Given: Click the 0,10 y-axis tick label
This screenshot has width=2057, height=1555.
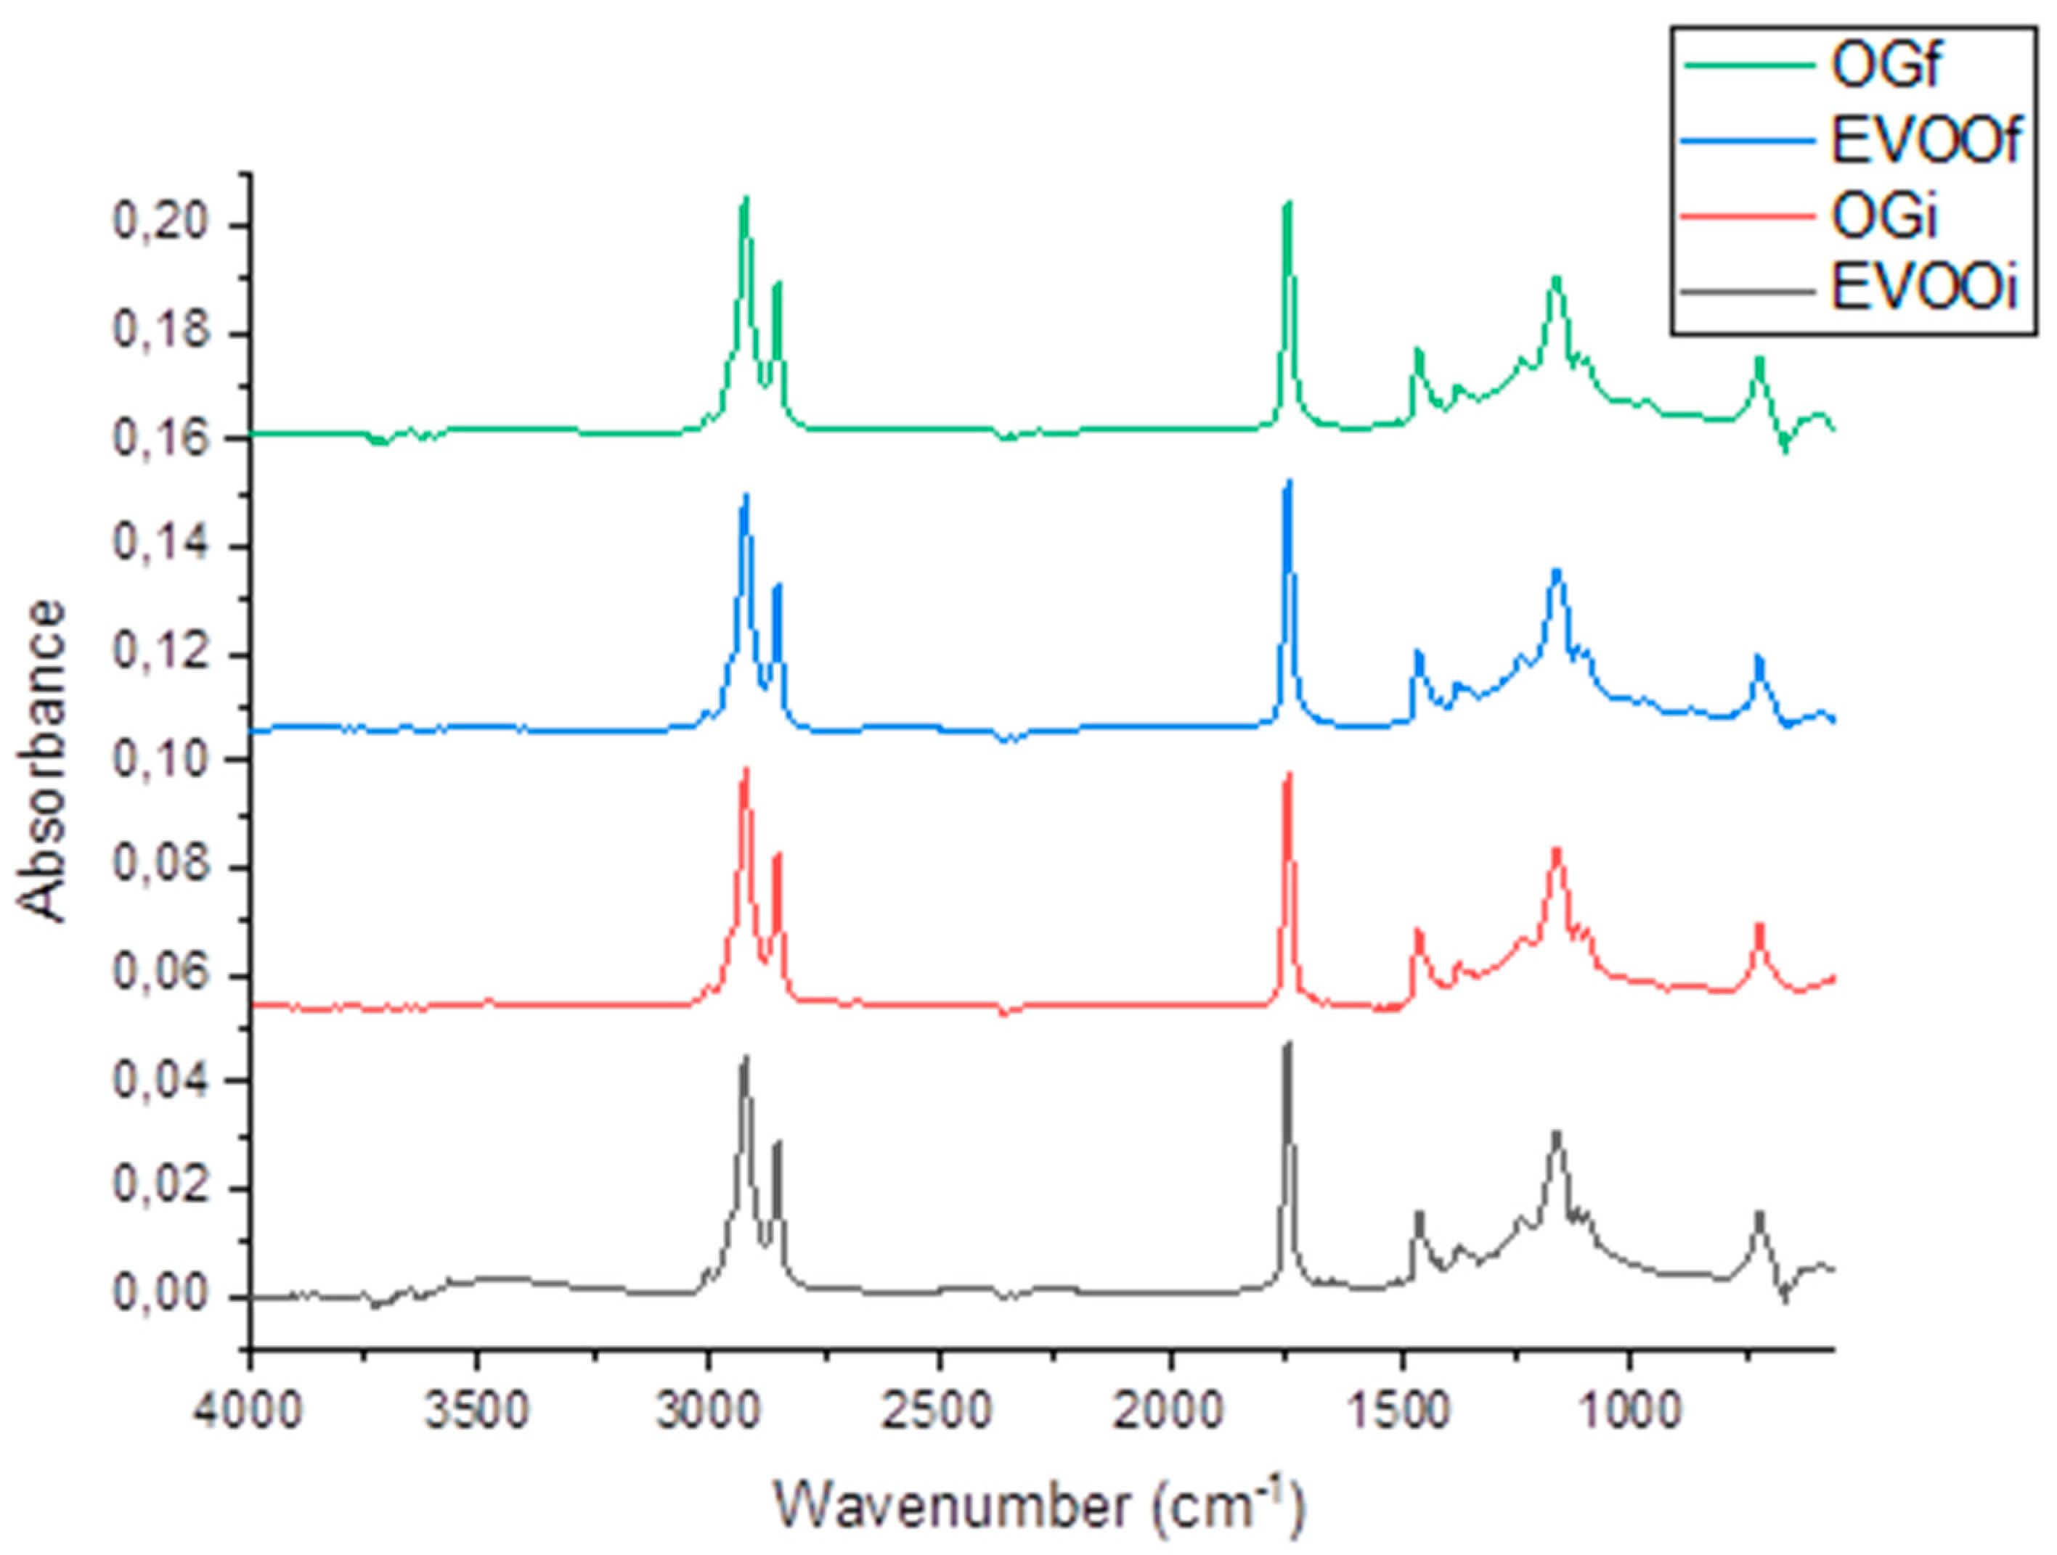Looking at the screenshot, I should click(168, 760).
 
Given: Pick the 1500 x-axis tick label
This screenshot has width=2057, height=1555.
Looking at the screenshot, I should click(1402, 1411).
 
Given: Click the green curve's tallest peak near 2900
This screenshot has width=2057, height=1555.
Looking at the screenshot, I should click(745, 199).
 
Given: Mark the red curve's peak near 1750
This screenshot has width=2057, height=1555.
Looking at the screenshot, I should click(1288, 775).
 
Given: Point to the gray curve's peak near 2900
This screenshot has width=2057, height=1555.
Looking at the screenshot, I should click(745, 1059).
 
